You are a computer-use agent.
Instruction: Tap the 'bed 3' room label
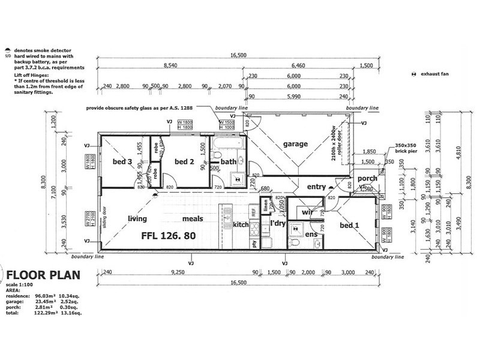click(122, 161)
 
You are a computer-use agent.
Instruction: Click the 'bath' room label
click(228, 161)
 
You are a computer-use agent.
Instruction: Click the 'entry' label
click(316, 187)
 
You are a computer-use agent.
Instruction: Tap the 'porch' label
click(368, 178)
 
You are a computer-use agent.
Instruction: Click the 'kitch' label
click(241, 224)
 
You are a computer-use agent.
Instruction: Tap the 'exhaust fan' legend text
click(434, 74)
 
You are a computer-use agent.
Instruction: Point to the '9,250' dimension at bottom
click(176, 272)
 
